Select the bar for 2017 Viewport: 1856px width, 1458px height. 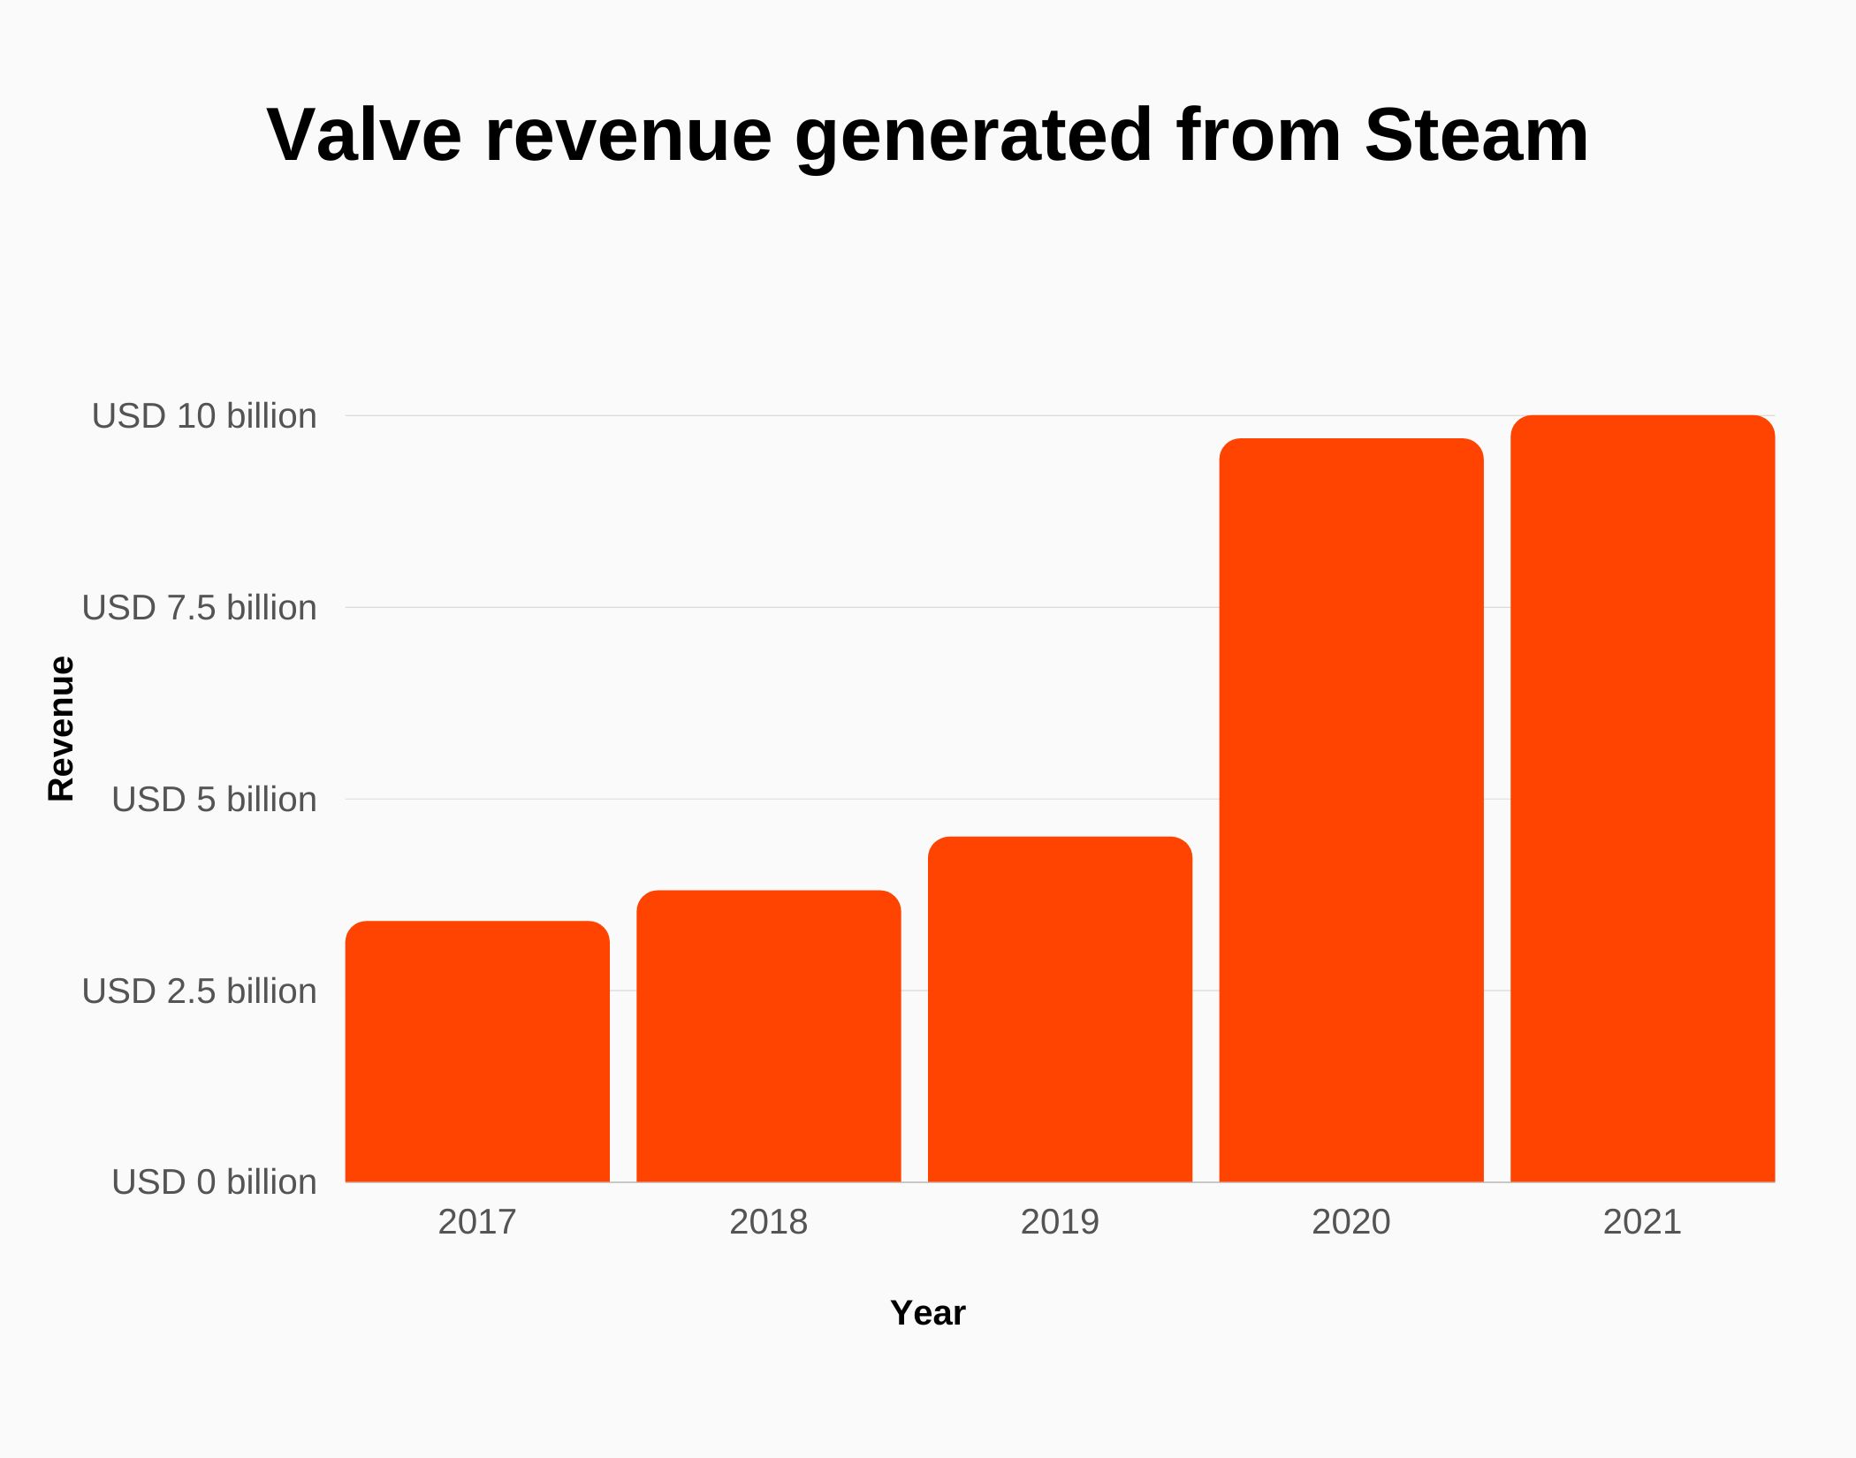click(x=477, y=1052)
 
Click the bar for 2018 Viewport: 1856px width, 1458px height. click(x=769, y=1036)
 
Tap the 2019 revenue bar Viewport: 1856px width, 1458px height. click(x=1060, y=1009)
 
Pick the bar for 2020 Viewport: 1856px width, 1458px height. click(x=1351, y=810)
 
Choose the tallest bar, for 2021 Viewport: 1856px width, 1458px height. click(x=1642, y=799)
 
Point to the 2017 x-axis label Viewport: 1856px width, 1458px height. click(x=477, y=1222)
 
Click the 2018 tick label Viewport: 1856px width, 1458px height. click(x=769, y=1222)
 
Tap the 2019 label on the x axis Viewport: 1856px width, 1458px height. click(x=1060, y=1222)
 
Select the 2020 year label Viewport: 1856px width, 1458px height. click(x=1351, y=1222)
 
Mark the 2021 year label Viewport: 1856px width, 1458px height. click(x=1642, y=1222)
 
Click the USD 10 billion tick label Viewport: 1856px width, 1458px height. click(x=204, y=416)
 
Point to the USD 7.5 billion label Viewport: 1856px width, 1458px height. click(x=199, y=608)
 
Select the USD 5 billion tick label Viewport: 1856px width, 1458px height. click(x=214, y=800)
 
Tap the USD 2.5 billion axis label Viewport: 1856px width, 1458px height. click(x=199, y=991)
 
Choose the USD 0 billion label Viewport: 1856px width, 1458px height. click(x=214, y=1182)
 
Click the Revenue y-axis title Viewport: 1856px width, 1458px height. click(x=61, y=729)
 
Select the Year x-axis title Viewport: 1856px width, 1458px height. click(x=928, y=1313)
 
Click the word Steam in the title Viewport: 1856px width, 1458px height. click(x=1476, y=135)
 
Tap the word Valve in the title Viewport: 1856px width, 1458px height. click(x=364, y=135)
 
